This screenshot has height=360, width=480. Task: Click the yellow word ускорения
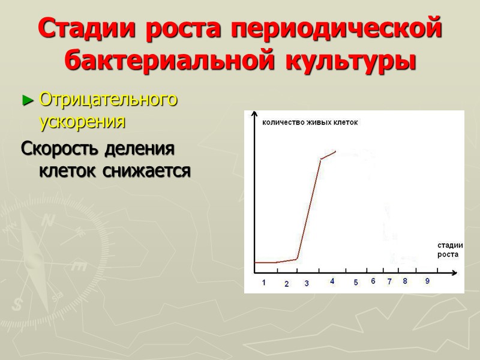click(82, 121)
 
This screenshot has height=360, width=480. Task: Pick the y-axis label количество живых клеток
click(310, 122)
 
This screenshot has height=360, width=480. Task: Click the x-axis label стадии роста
click(448, 250)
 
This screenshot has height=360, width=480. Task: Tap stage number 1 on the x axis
click(263, 283)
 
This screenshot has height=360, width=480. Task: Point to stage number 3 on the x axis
click(306, 283)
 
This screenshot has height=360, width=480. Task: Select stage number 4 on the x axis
click(332, 281)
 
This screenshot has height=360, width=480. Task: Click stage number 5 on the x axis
click(355, 283)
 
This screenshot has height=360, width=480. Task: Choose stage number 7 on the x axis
click(389, 281)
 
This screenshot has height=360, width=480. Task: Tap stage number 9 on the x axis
click(427, 281)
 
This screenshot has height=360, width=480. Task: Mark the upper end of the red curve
click(335, 151)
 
